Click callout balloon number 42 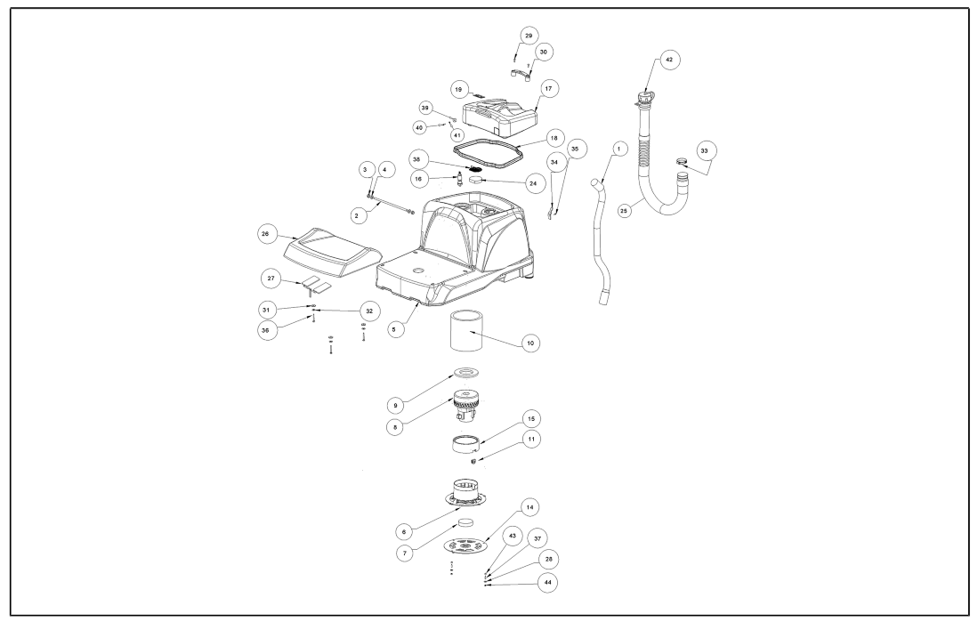tap(668, 60)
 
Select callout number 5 tap(397, 328)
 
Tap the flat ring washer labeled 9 tap(468, 371)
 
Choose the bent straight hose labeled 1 tap(600, 240)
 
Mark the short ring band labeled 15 tap(467, 443)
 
